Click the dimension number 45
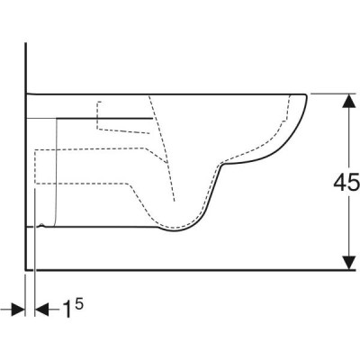(346, 183)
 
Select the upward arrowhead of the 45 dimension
(348, 101)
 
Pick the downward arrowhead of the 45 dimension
(348, 263)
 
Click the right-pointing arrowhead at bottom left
(18, 310)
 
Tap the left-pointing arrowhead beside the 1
(42, 310)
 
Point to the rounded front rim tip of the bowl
(306, 95)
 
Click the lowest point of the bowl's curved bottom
(175, 231)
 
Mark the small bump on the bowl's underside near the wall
(42, 225)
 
